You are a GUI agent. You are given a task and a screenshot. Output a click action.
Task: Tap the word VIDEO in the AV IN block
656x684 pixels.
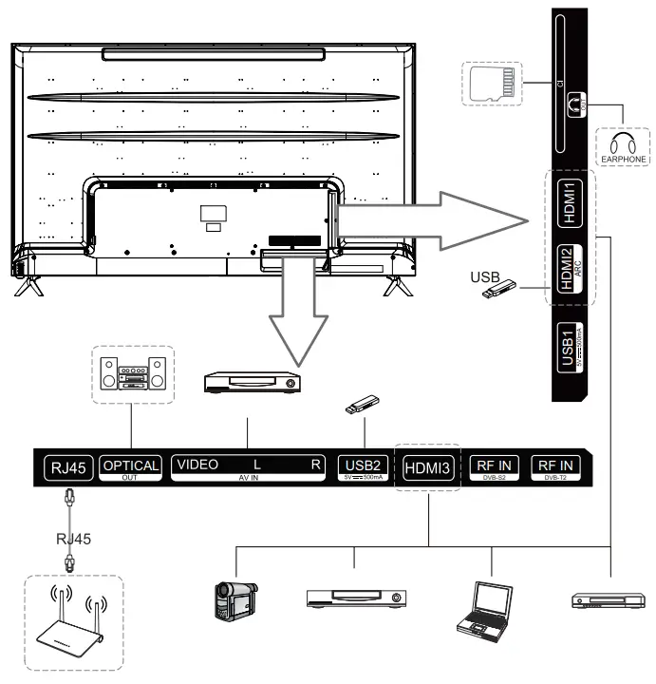(196, 465)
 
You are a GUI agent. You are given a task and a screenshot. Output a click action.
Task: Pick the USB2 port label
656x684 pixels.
(359, 465)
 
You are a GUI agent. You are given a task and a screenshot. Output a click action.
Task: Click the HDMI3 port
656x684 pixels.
(427, 467)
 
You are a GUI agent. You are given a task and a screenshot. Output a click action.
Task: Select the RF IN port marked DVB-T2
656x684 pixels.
(557, 466)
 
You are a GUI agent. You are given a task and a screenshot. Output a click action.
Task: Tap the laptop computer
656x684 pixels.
(482, 607)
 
